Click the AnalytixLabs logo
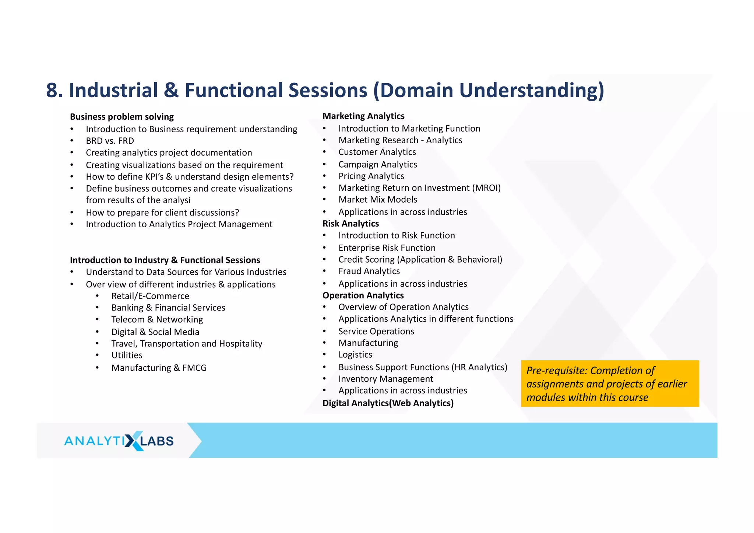[119, 441]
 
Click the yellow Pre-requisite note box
[610, 383]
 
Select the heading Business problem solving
[121, 117]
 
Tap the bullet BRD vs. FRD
[110, 141]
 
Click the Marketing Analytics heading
[363, 116]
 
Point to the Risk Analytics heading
[350, 224]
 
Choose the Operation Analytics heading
[363, 295]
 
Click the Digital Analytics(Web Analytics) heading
[388, 403]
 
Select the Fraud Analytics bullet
[369, 271]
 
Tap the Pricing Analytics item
[371, 176]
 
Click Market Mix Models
[377, 200]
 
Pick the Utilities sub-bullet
[127, 355]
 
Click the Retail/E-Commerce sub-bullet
[150, 296]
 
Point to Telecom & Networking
[157, 319]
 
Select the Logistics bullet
[355, 355]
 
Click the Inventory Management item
[385, 379]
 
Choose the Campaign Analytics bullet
[377, 164]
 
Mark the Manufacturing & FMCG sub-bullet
[159, 368]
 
